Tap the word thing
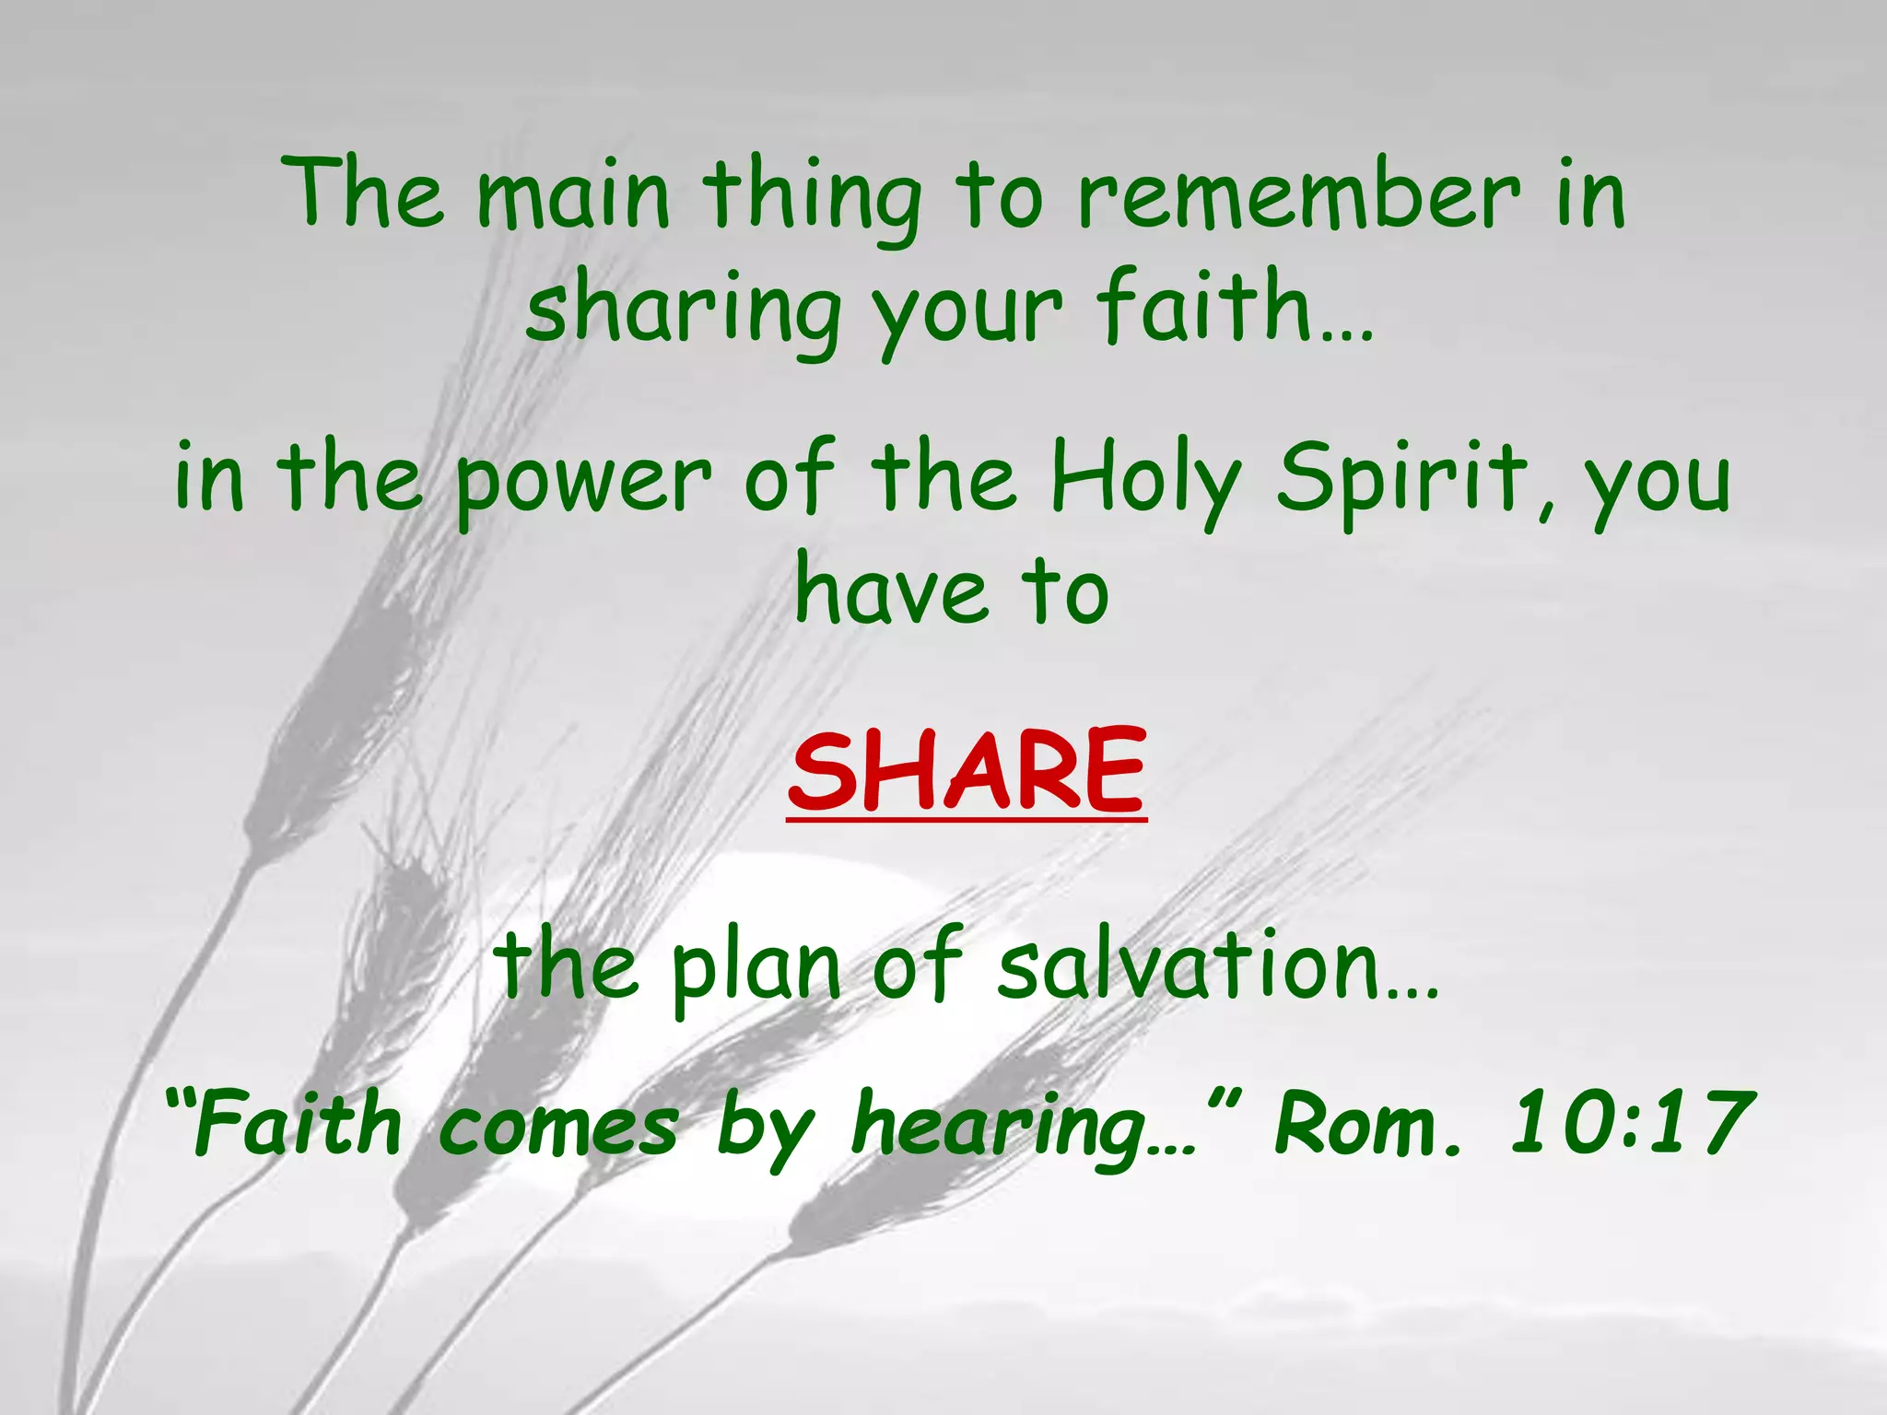[811, 198]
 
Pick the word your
[967, 313]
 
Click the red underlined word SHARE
[967, 768]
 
